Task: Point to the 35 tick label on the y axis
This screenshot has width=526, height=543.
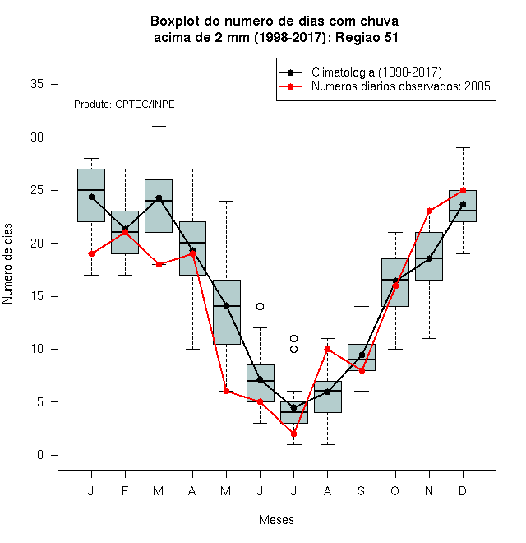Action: (37, 84)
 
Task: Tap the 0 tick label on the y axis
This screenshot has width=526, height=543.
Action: (40, 455)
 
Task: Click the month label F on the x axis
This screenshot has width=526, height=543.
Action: (125, 490)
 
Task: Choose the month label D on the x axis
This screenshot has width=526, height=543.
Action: (463, 490)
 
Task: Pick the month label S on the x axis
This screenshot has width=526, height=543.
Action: (362, 490)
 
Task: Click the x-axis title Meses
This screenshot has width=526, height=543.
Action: (276, 520)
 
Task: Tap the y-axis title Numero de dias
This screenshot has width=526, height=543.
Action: (7, 264)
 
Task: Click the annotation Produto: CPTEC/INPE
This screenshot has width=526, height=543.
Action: (124, 104)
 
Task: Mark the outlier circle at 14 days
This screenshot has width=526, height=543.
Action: (260, 307)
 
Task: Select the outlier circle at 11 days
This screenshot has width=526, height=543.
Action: (293, 338)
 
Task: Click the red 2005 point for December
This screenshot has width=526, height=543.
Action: (463, 190)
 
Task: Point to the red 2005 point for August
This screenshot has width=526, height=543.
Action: (327, 349)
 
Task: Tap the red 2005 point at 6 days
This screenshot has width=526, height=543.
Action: (226, 392)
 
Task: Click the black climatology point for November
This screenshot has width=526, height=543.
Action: (429, 258)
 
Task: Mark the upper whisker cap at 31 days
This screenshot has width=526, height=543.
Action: (159, 127)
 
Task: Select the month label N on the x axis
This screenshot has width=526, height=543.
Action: (429, 490)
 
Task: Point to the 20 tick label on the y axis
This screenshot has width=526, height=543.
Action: (37, 243)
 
